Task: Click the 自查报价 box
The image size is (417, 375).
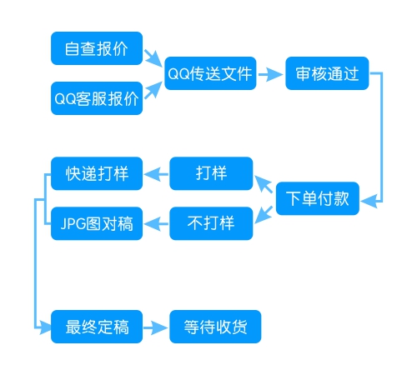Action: [97, 48]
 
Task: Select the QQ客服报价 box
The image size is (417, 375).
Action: [97, 98]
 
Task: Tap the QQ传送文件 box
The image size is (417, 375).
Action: [209, 73]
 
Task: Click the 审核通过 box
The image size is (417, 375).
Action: [326, 73]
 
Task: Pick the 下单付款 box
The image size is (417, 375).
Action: [317, 199]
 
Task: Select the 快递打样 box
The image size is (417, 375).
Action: [97, 173]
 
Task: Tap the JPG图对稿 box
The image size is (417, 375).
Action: [97, 223]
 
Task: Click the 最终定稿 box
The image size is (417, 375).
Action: [97, 326]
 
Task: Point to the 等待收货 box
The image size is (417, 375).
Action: [215, 326]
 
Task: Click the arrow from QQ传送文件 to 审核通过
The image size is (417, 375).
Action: [269, 73]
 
